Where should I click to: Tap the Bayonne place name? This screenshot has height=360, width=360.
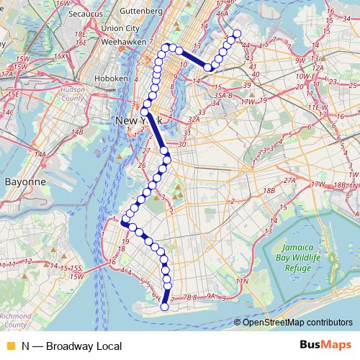point(25,182)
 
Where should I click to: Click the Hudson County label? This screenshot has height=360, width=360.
point(72,97)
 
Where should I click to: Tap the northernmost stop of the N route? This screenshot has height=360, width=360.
point(236,34)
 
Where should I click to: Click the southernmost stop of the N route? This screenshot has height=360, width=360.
point(164,307)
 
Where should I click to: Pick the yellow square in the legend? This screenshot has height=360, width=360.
point(10,346)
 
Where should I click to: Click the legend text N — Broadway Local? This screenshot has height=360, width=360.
point(61,346)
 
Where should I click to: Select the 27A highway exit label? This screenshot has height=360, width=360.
point(289,180)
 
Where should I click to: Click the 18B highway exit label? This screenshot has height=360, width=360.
point(269,191)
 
